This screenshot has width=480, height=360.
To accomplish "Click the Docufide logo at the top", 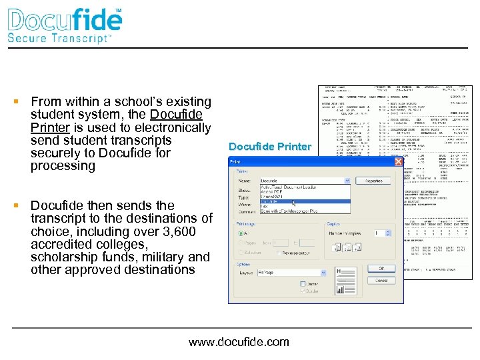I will click(65, 20).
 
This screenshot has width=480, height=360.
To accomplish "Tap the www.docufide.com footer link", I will click(239, 342).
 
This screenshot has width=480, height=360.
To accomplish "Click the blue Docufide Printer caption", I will click(269, 147).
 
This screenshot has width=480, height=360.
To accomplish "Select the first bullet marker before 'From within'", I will click(15, 102).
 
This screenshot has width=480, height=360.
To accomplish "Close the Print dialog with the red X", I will click(398, 162).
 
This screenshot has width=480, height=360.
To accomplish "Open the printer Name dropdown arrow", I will click(347, 181).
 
